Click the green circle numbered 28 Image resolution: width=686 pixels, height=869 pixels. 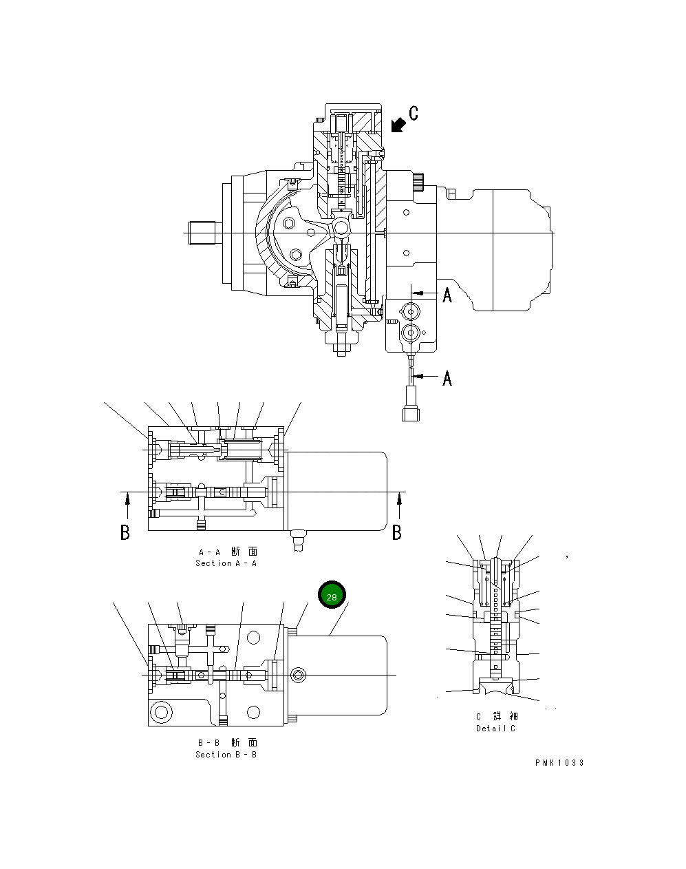[332, 596]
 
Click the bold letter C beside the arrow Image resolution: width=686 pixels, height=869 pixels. [414, 113]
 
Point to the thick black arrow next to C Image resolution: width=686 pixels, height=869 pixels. [398, 125]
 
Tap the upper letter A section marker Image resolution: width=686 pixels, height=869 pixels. [447, 295]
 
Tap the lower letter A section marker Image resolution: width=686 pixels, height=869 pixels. [447, 378]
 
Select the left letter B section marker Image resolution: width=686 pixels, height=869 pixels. [125, 532]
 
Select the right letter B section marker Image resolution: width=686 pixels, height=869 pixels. [397, 532]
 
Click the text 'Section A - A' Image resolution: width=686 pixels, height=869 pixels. [226, 563]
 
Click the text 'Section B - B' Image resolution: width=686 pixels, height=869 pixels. [226, 755]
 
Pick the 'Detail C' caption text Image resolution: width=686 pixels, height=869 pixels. [495, 729]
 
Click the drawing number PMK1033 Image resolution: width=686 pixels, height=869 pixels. [559, 763]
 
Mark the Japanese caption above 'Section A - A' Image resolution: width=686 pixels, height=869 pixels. [227, 552]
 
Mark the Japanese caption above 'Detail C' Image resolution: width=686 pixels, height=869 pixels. [497, 717]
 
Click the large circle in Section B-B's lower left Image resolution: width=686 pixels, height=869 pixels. [163, 711]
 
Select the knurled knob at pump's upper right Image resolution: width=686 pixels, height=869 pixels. [419, 184]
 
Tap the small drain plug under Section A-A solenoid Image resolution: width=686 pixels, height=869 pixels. [298, 537]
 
